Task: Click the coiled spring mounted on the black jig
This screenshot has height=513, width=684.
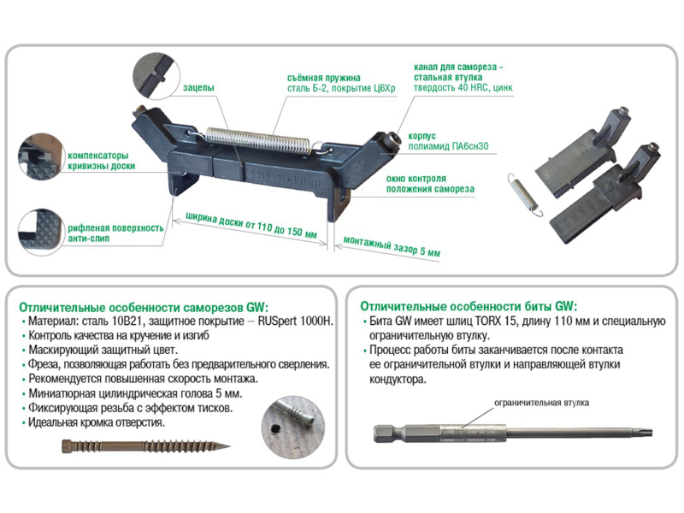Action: coord(258,140)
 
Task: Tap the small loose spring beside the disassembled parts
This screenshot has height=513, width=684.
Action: coord(526,195)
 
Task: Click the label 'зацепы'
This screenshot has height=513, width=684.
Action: coord(198,88)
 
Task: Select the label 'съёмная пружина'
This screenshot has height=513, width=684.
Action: coord(324,78)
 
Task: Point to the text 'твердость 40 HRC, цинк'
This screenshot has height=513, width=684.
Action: coord(463,87)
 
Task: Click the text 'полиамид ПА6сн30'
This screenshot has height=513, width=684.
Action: coord(448,146)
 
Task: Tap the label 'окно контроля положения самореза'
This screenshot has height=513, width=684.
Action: coord(430,184)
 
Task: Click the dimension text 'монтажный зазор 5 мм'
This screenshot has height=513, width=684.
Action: coord(392,246)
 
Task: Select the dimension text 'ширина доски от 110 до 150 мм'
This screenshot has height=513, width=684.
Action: coord(251,225)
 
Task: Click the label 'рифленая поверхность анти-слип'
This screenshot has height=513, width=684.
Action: coord(115,233)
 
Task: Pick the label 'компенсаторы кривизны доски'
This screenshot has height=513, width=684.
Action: coord(101,161)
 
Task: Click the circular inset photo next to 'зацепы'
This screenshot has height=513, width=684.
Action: coord(156,77)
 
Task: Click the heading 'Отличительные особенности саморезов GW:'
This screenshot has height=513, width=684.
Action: coord(144,307)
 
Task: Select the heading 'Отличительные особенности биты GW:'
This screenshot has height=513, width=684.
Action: coord(469,306)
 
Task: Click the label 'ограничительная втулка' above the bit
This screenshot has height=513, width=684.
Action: coord(541,403)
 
